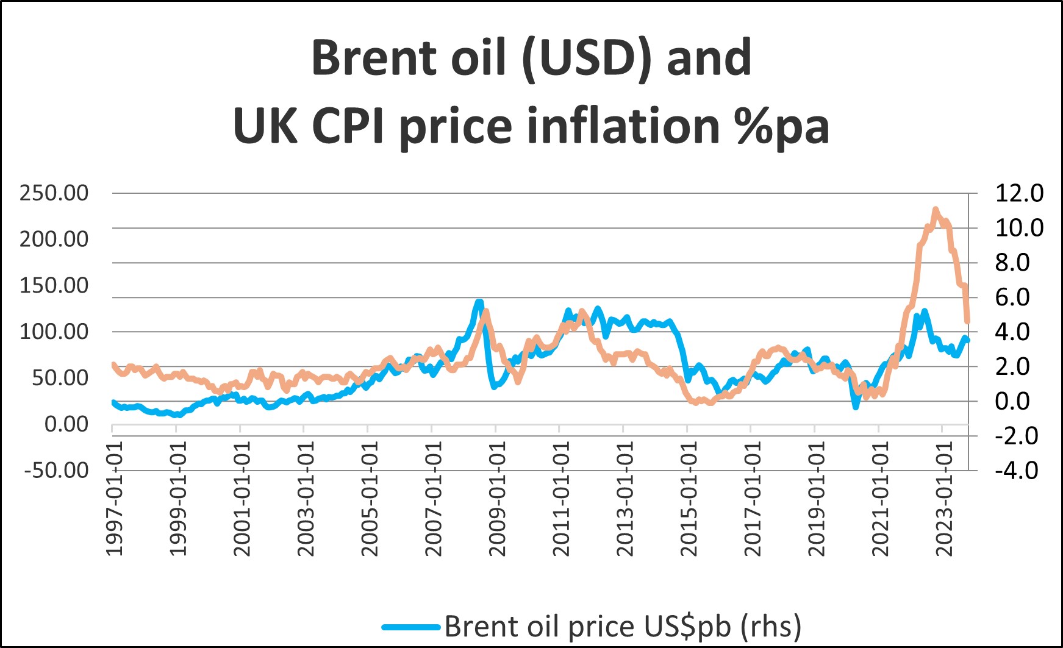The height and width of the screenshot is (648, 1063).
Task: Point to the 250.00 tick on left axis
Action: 54,193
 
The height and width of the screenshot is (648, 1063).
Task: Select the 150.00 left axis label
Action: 54,285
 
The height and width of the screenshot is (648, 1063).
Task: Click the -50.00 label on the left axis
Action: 56,470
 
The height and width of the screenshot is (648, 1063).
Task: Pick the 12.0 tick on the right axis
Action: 1019,193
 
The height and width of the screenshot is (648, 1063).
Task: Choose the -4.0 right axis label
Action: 1016,470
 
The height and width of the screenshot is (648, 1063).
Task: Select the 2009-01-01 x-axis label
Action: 498,498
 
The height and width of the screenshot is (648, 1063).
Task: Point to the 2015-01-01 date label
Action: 689,498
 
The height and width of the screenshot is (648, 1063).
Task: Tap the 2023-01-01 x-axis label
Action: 944,498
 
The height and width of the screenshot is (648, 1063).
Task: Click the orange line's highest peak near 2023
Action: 936,210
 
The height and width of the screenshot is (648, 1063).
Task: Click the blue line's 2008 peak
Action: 479,302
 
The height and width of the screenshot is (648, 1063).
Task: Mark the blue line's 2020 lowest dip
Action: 856,407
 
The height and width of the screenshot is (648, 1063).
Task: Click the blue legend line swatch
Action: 410,627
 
